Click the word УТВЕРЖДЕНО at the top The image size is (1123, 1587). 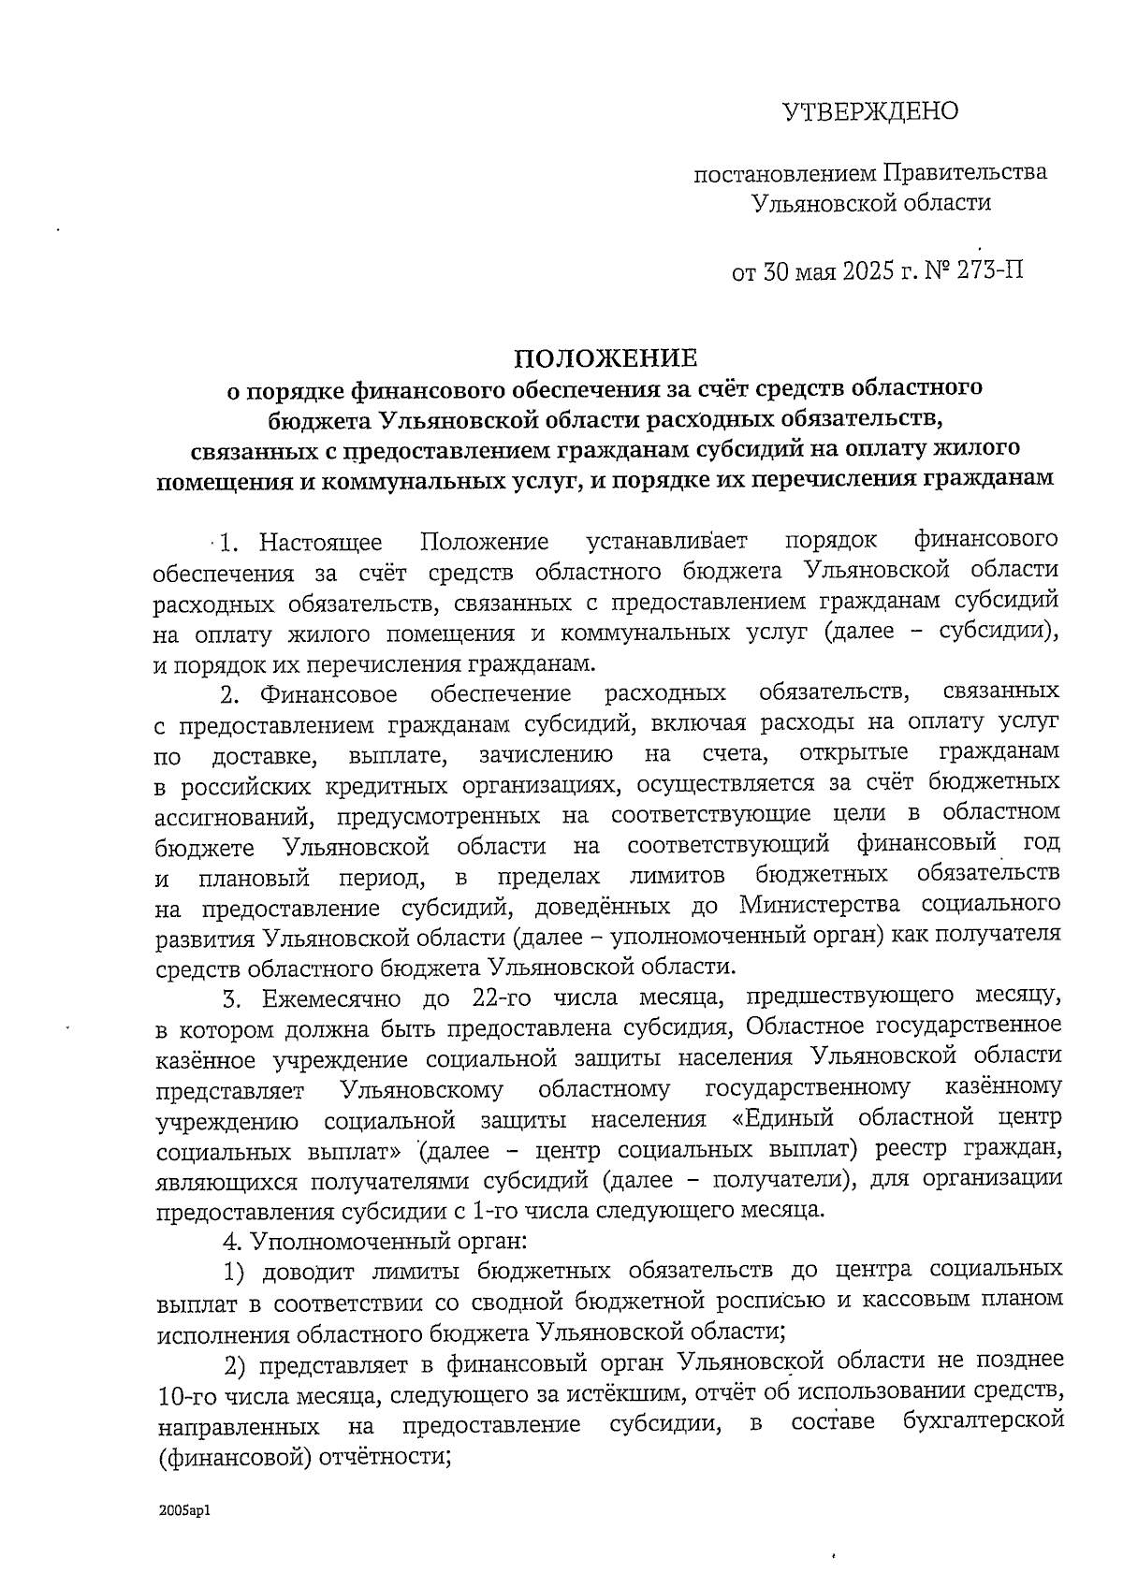click(x=870, y=112)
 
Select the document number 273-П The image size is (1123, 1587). click(x=989, y=271)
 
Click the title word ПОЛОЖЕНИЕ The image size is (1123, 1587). click(x=606, y=358)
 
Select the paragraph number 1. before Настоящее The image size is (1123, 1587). click(x=231, y=542)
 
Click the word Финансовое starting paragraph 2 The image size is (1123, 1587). click(x=328, y=693)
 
